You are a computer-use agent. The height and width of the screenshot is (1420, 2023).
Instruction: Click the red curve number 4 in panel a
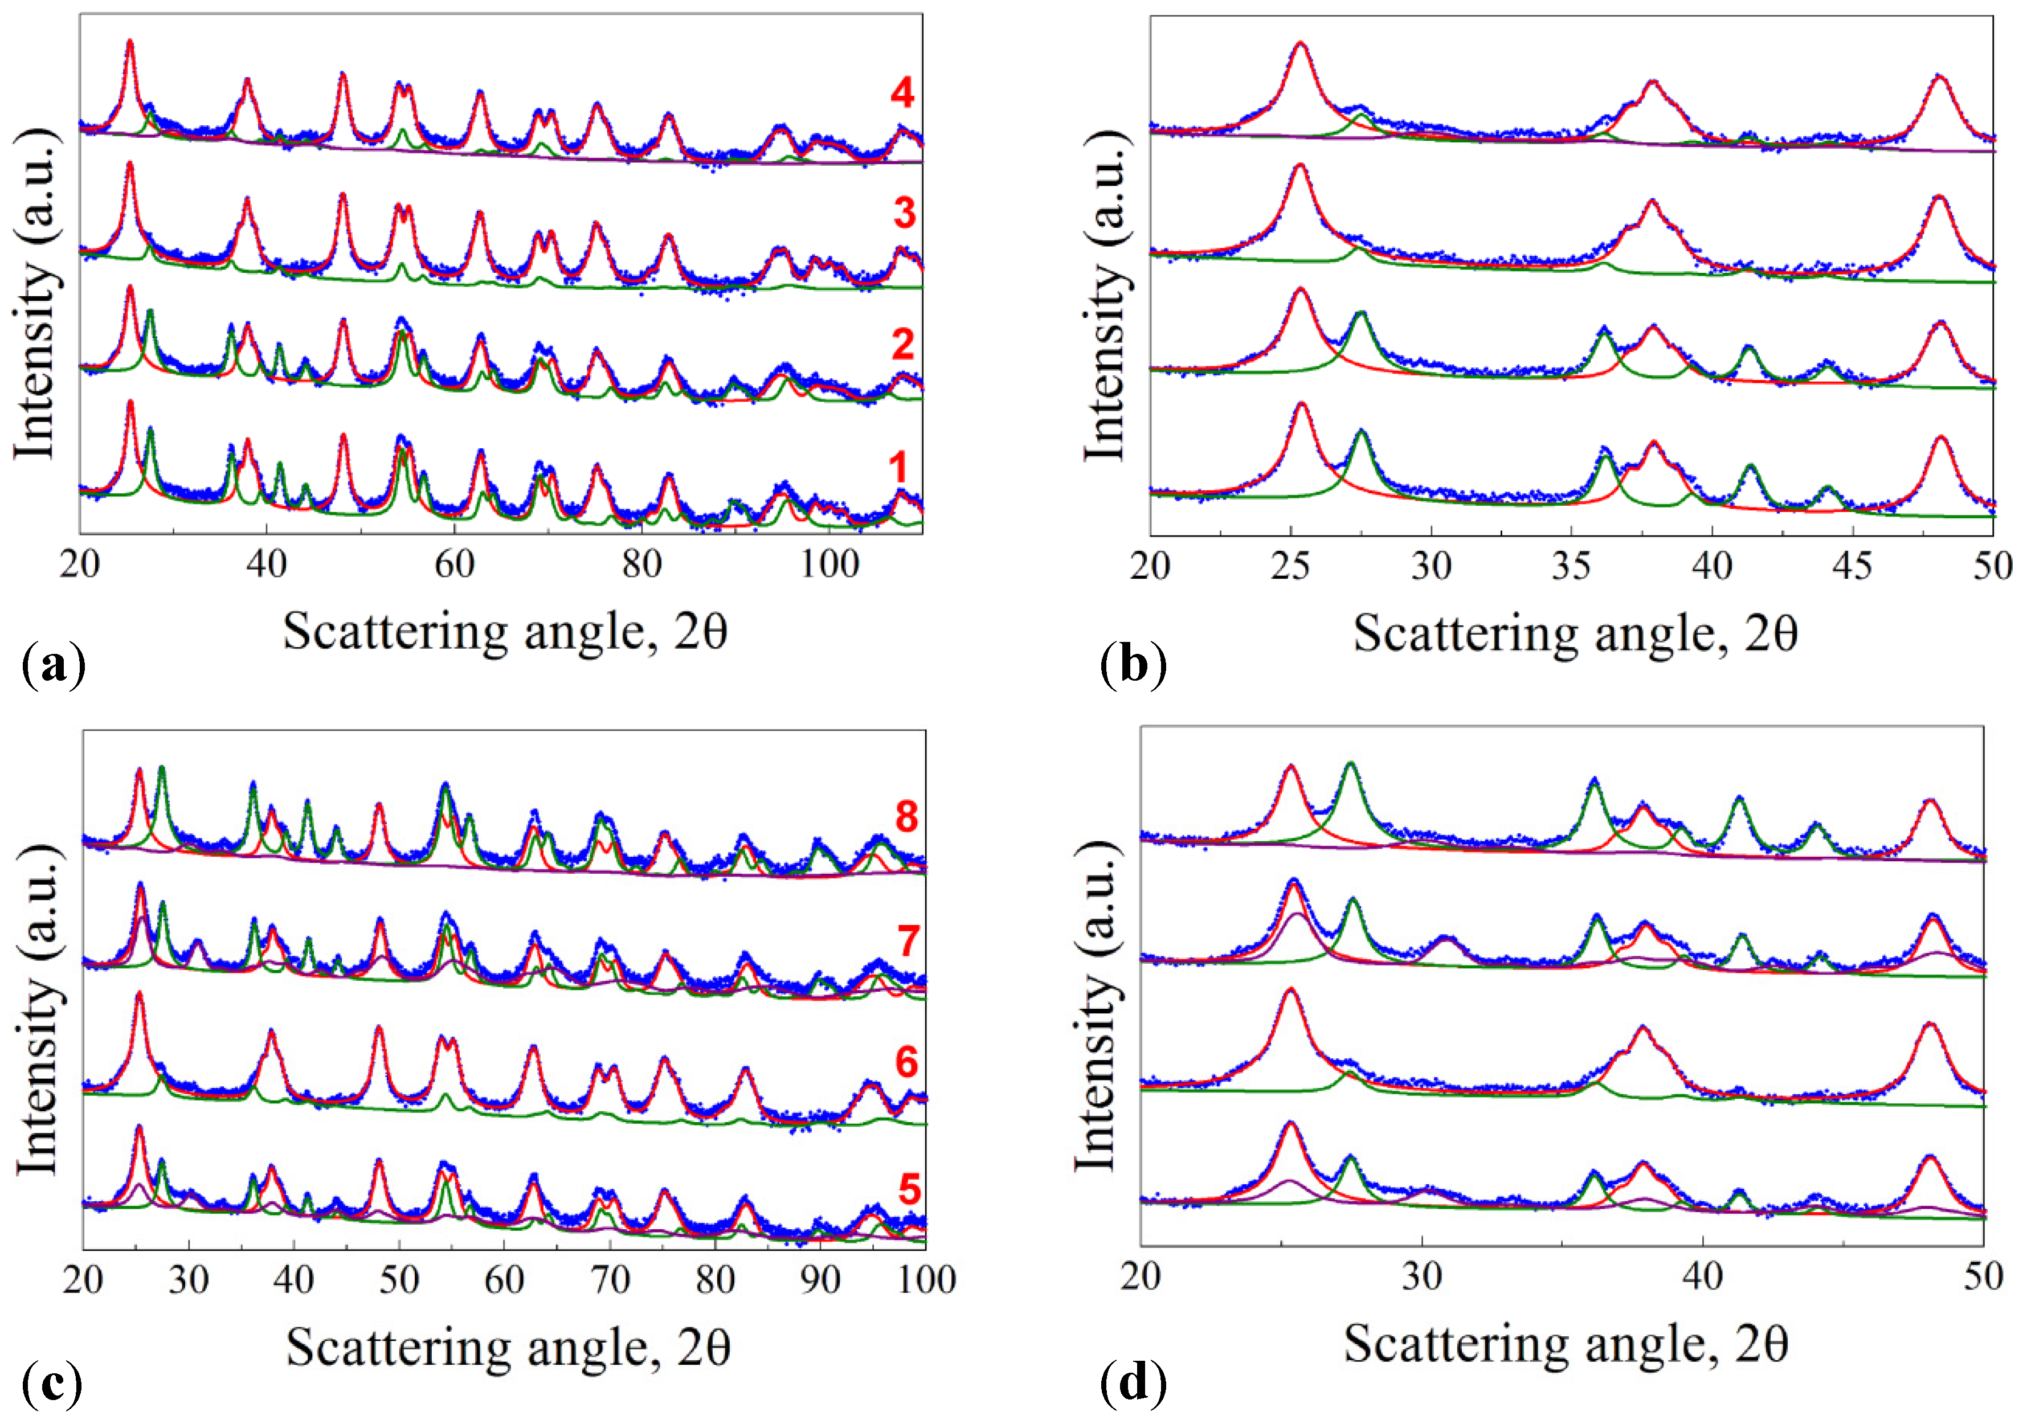(x=901, y=93)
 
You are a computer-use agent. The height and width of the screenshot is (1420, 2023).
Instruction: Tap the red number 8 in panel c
(x=906, y=817)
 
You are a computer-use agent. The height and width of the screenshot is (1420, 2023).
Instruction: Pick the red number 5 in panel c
(x=909, y=1189)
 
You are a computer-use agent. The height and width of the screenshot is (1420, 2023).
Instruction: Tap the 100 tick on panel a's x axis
(x=828, y=564)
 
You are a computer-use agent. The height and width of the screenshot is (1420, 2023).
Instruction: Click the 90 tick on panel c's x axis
(x=820, y=1279)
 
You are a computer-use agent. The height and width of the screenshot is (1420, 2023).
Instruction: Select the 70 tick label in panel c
(x=610, y=1279)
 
